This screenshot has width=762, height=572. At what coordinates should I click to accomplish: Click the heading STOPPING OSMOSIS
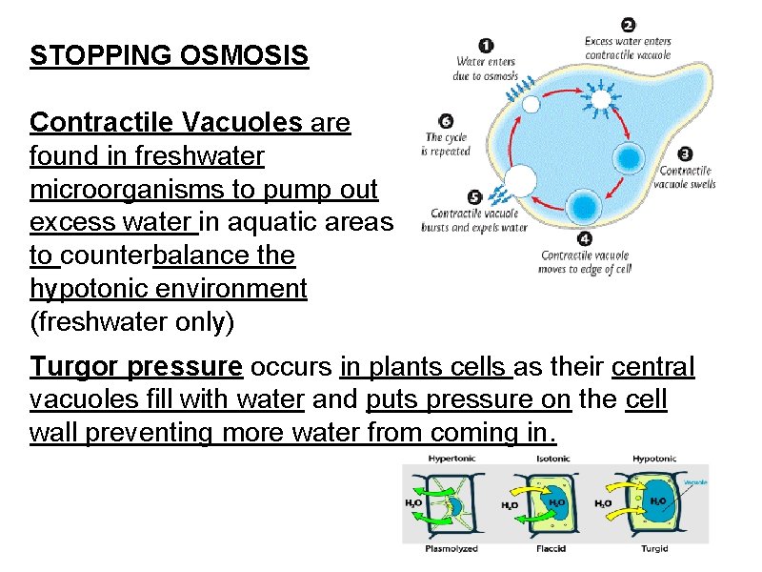170,55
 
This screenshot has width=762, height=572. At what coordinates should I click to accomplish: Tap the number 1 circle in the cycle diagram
485,45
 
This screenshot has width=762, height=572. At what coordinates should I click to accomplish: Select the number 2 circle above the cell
629,25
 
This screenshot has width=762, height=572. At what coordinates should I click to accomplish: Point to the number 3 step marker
685,153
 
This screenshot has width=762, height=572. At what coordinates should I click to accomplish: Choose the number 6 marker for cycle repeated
446,121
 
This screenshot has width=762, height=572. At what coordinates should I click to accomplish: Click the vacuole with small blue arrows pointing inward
601,96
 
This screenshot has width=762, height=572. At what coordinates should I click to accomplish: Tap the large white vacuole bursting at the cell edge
520,180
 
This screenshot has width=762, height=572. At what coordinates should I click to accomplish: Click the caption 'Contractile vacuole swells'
687,177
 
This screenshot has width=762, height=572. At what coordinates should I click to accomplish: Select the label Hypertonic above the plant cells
452,459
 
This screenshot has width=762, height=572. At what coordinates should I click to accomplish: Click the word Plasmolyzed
452,548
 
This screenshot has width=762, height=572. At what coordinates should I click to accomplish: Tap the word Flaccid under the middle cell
553,548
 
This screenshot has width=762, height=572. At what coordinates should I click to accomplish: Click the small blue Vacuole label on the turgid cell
695,482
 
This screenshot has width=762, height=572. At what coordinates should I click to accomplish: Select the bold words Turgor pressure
136,367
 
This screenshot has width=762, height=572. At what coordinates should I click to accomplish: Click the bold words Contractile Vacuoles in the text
166,123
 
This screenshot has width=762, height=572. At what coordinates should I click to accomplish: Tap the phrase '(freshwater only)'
131,322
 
